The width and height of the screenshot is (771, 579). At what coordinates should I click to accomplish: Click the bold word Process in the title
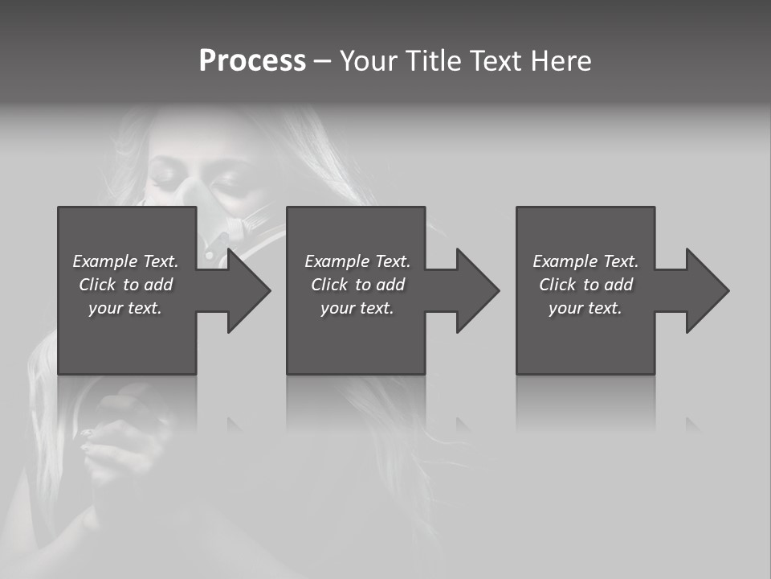coord(252,61)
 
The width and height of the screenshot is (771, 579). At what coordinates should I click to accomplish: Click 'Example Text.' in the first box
coord(125,261)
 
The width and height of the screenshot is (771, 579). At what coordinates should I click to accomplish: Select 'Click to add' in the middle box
coord(357,285)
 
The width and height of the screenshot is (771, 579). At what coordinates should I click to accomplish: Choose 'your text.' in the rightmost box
coord(585,308)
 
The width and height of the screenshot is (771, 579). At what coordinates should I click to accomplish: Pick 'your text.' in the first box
coord(125,308)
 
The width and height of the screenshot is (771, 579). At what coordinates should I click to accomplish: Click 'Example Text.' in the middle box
coord(357,261)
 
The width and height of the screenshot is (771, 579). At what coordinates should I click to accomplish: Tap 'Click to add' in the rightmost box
coord(585,285)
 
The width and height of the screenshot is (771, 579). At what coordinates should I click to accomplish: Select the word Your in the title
coord(365,61)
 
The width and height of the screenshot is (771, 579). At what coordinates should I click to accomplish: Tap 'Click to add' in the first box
coord(125,285)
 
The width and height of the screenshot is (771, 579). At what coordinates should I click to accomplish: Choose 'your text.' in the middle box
coord(357,308)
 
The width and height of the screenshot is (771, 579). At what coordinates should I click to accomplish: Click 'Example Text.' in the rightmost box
coord(585,261)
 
